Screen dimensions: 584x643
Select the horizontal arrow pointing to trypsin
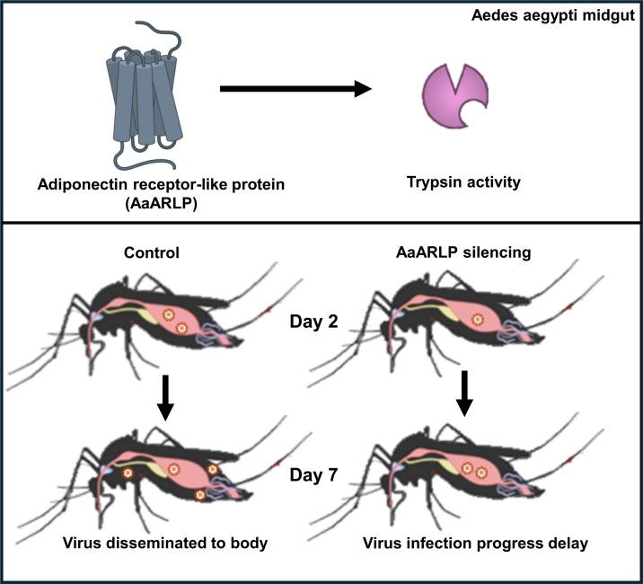pos(295,88)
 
